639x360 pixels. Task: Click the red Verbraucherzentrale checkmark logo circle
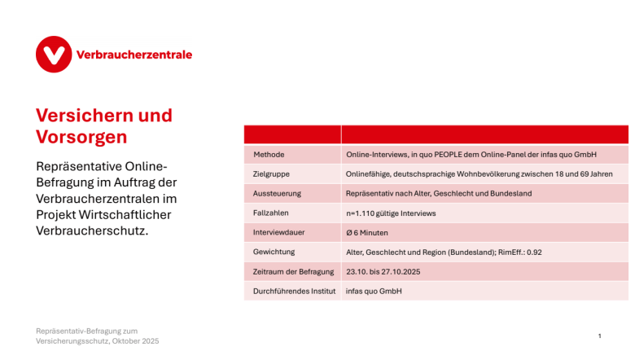coord(55,55)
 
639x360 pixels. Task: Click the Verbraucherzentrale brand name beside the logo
coord(133,55)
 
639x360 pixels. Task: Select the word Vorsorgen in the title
coord(81,136)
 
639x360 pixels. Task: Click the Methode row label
coord(269,154)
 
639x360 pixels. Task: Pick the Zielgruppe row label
coord(272,173)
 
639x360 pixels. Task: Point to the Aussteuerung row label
coord(278,193)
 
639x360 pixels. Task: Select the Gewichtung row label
coord(274,252)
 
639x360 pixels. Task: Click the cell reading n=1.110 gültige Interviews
coord(391,213)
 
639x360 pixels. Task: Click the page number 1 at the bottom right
coord(599,336)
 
